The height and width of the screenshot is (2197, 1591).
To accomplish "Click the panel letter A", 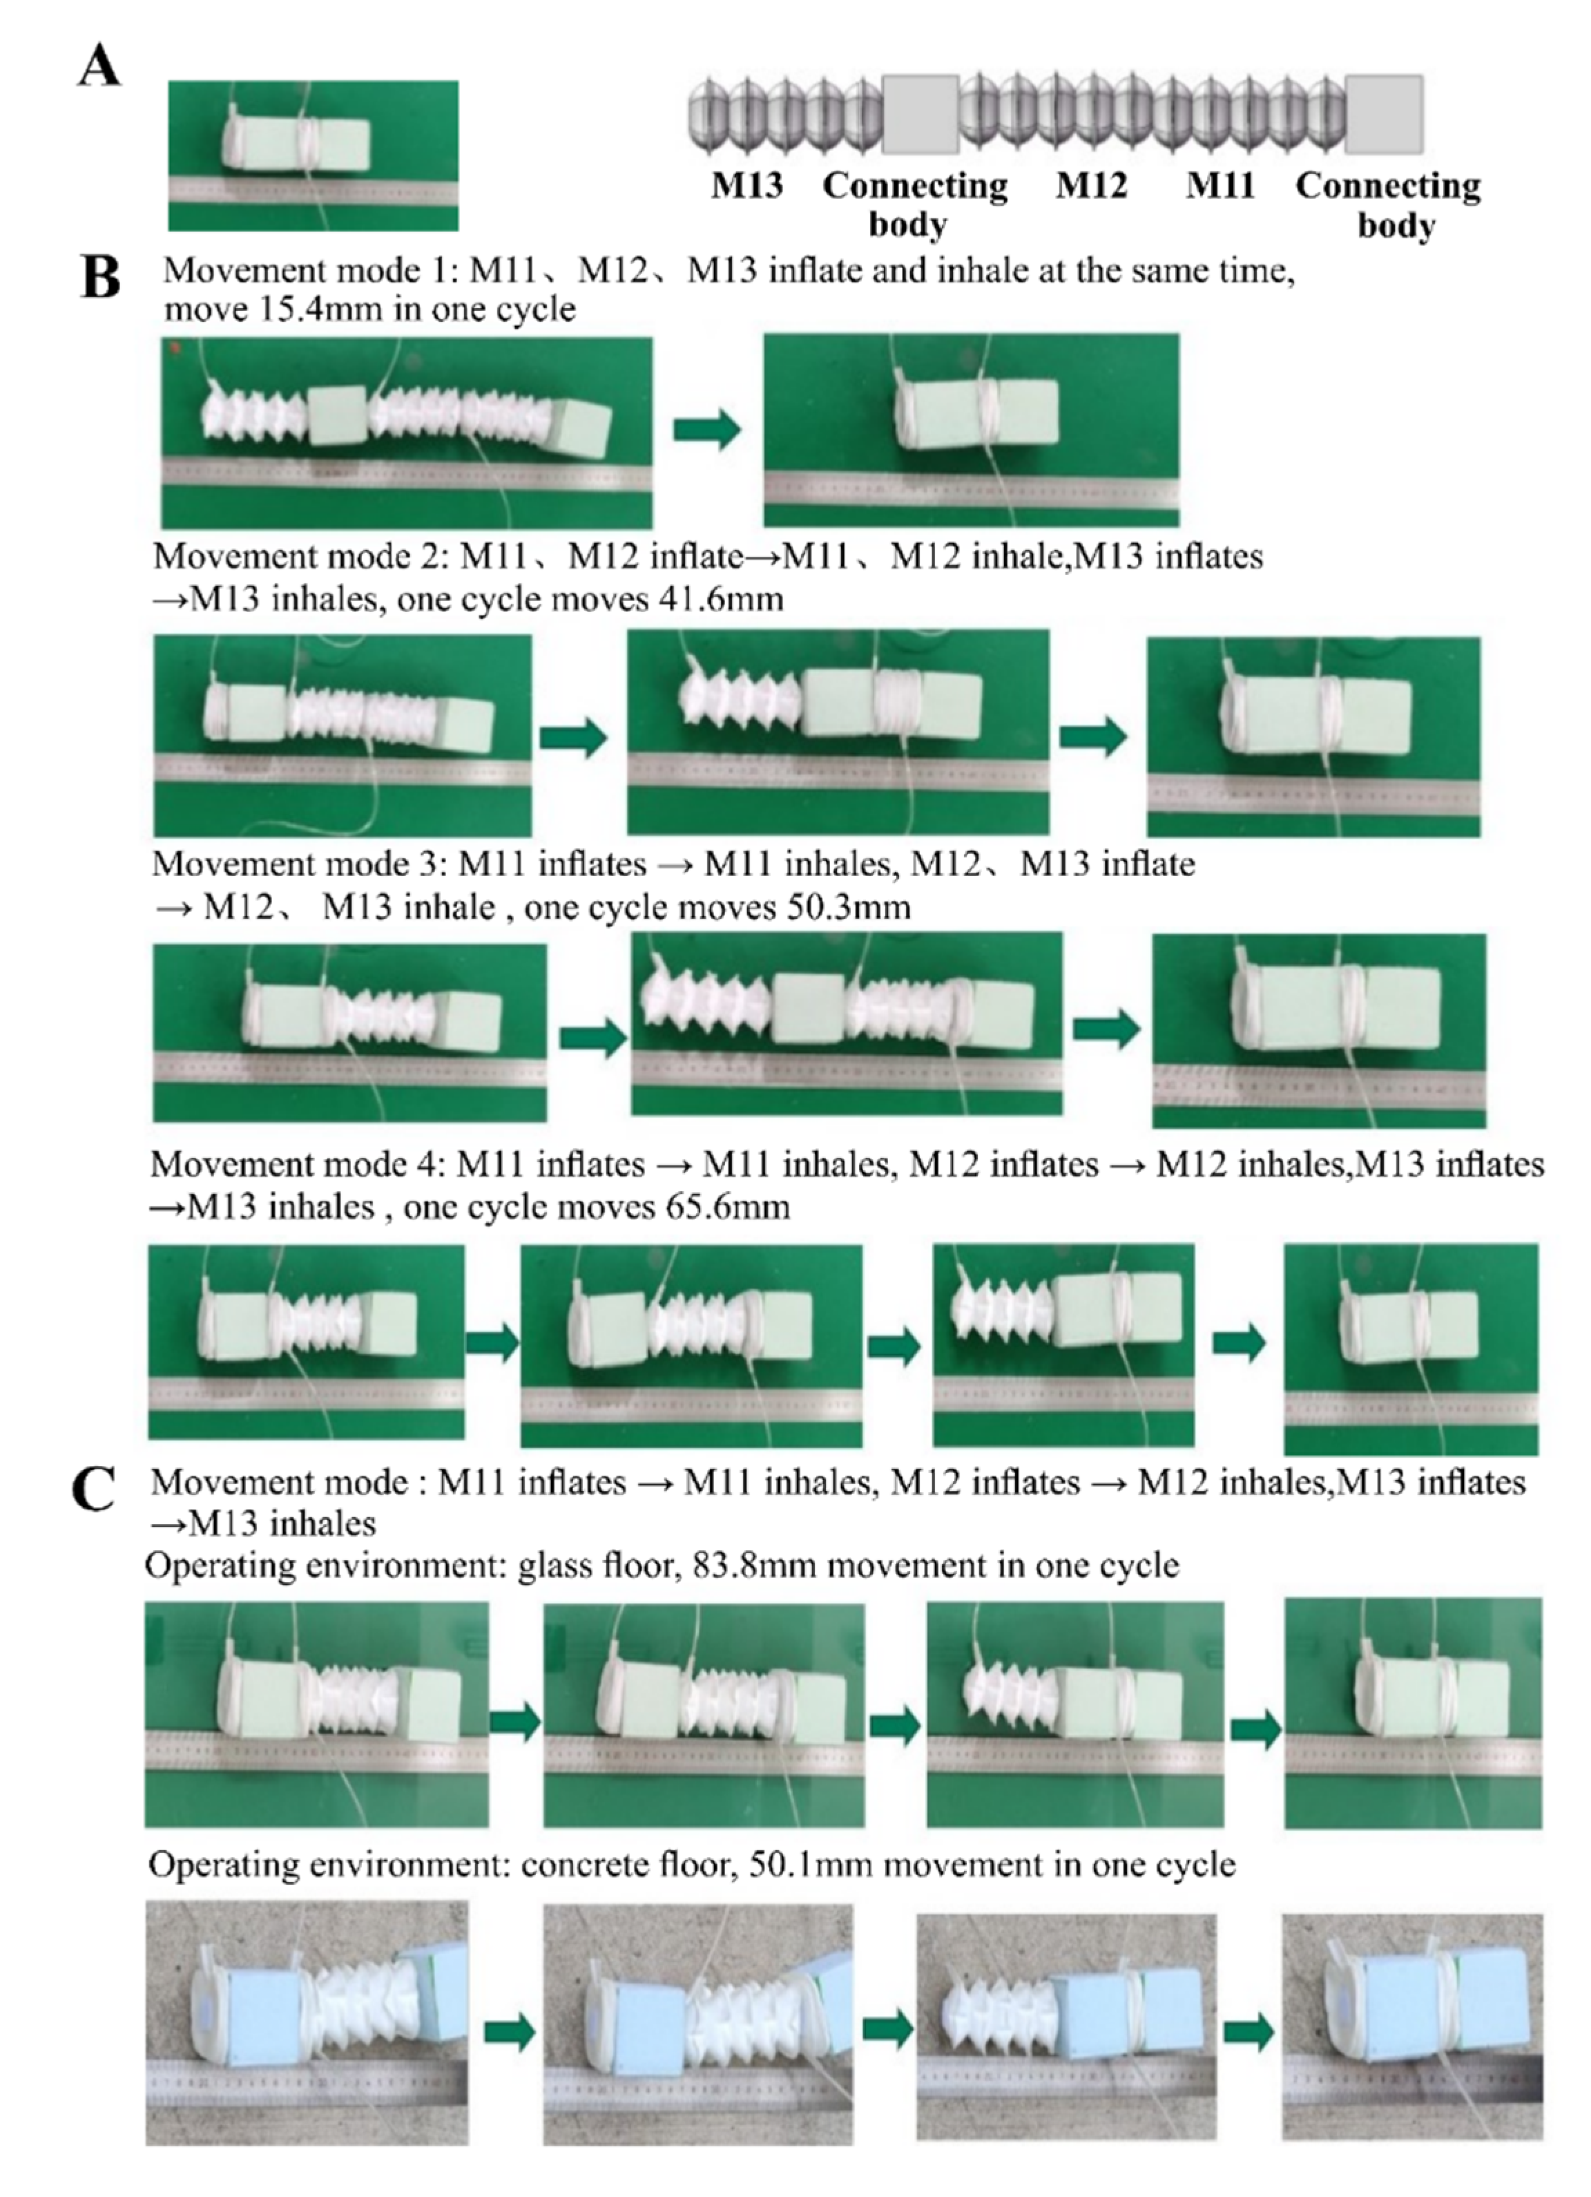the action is click(x=99, y=68).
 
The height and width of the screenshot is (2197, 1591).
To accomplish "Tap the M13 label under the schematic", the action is click(x=746, y=185).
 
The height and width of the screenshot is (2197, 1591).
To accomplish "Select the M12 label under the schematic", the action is click(x=1091, y=185).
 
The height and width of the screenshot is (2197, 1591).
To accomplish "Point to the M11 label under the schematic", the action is click(x=1220, y=185).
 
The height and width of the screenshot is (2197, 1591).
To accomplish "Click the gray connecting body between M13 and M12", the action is click(x=920, y=114).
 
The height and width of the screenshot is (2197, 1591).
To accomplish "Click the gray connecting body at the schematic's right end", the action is click(x=1385, y=114).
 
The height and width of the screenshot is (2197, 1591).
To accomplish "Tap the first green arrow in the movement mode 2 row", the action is click(x=573, y=737).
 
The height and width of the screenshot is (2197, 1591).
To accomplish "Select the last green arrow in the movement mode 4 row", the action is click(x=1239, y=1342).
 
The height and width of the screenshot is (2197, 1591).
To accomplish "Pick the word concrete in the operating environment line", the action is click(x=587, y=1865).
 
